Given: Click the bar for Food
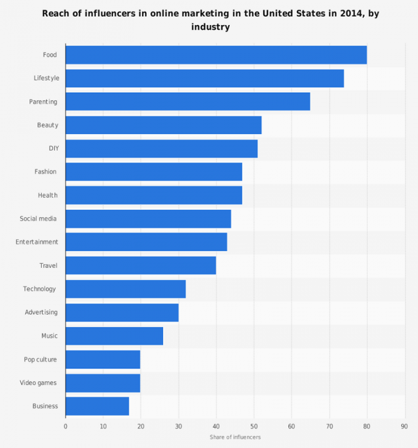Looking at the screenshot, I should click(x=216, y=55).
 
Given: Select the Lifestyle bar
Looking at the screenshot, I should click(x=204, y=78).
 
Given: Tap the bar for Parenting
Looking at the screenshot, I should click(x=188, y=102).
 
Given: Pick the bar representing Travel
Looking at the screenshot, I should click(x=140, y=266).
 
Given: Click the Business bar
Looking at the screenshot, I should click(x=97, y=406).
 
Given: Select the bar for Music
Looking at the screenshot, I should click(x=114, y=336).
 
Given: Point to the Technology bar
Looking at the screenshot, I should click(x=125, y=289).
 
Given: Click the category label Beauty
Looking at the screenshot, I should click(x=47, y=125).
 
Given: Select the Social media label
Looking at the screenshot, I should click(x=38, y=219).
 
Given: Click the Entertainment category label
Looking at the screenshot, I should click(x=36, y=242).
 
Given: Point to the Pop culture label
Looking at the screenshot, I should click(x=41, y=359).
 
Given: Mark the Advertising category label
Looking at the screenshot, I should click(x=41, y=312).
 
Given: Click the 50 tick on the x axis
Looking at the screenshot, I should click(x=254, y=426).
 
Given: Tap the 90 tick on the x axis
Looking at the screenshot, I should click(x=404, y=426).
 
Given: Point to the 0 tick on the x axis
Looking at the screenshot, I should click(x=66, y=426).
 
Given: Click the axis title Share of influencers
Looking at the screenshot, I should click(x=235, y=437).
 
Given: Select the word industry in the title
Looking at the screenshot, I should click(x=210, y=28).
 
